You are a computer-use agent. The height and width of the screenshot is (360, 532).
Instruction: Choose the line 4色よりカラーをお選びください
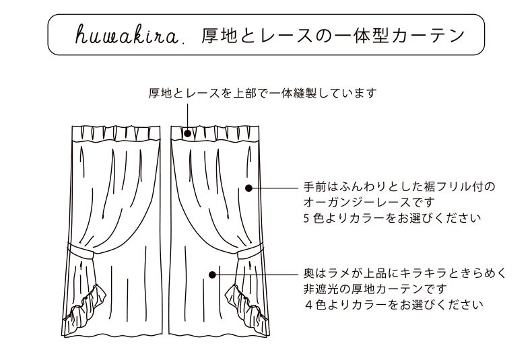pos(394,305)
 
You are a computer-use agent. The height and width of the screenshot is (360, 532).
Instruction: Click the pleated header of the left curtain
pos(115,133)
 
